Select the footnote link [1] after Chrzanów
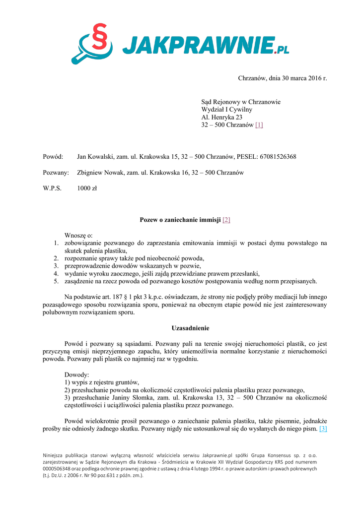(x=259, y=125)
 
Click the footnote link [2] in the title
(x=226, y=219)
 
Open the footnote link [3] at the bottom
(x=323, y=429)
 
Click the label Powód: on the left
(x=53, y=157)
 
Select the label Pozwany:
(x=56, y=173)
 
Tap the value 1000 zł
(x=87, y=188)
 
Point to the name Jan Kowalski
(x=94, y=157)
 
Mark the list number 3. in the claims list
(x=56, y=266)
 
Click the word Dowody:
(x=77, y=375)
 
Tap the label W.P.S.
(x=53, y=188)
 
